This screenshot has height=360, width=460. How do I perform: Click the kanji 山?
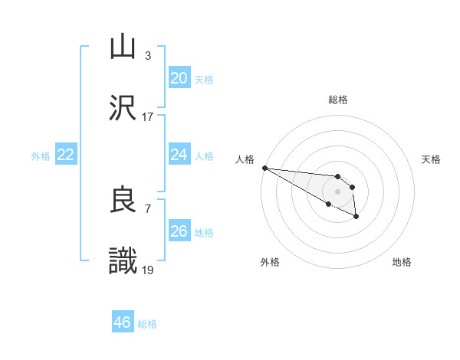123,47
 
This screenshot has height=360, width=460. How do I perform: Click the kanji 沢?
123,108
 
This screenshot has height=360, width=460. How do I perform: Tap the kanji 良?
123,200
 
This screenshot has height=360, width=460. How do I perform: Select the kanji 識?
123,261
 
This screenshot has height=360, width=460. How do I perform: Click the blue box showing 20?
179,78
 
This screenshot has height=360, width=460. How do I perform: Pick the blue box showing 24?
179,155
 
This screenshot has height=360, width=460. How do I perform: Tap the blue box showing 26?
179,231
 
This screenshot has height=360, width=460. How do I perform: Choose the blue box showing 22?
65,155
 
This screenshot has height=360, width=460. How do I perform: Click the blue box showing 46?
122,322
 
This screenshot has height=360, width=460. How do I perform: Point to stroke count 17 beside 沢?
147,117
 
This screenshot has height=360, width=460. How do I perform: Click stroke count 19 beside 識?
147,270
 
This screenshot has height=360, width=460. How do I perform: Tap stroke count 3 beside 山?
147,56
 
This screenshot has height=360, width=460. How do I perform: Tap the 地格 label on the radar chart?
402,262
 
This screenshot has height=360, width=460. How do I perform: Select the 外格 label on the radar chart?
270,262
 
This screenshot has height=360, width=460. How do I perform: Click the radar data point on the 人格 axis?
264,168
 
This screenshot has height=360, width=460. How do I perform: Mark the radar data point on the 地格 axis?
356,218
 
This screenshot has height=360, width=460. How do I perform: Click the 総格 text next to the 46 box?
147,324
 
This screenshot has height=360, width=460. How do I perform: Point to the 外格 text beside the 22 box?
41,156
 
